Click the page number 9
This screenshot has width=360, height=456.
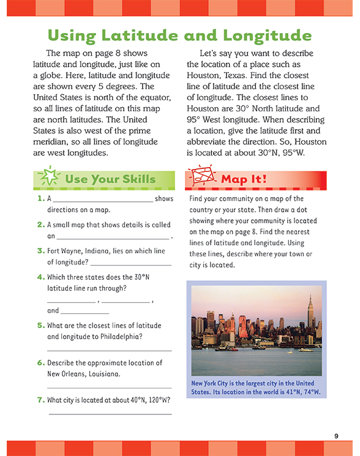tap(336, 435)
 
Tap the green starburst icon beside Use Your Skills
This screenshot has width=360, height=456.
tap(48, 178)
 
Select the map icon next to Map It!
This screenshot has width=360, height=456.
tap(202, 178)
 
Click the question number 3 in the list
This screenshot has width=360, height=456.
tap(40, 251)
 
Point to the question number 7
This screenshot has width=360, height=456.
tap(40, 400)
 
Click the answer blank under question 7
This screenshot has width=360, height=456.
tap(110, 414)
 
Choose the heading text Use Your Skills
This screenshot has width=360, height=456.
tap(110, 179)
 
